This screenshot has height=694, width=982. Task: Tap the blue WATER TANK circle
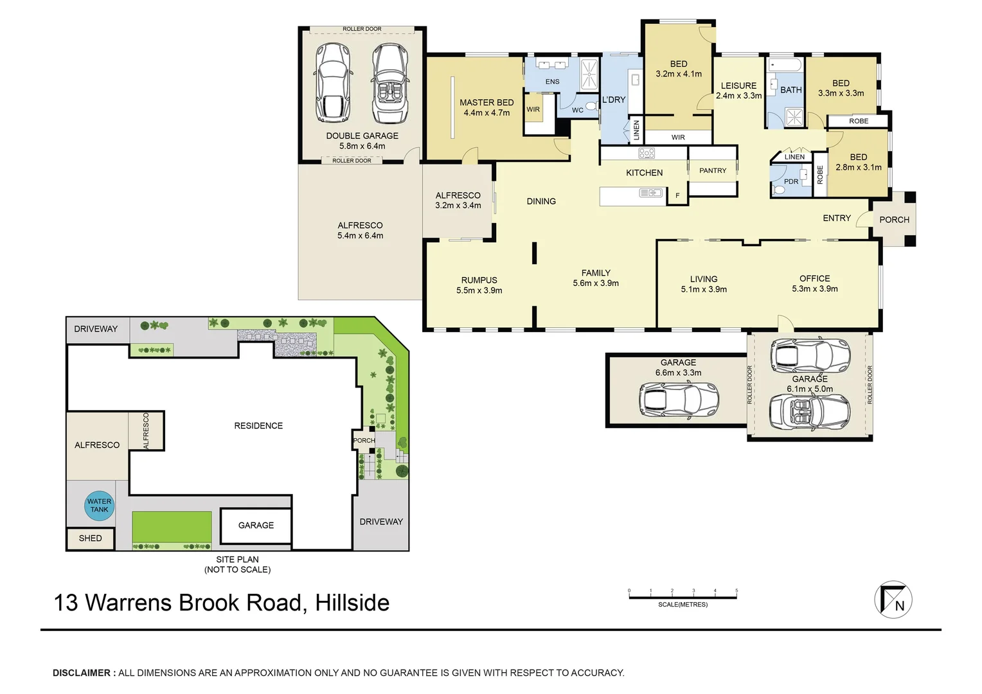pyautogui.click(x=100, y=506)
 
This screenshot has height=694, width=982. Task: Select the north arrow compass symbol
pyautogui.click(x=893, y=600)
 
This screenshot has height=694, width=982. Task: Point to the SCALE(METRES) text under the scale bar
pyautogui.click(x=683, y=605)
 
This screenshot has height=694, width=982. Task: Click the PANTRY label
pyautogui.click(x=713, y=171)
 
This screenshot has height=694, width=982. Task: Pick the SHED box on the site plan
pyautogui.click(x=90, y=538)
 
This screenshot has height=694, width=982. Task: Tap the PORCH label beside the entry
pyautogui.click(x=894, y=220)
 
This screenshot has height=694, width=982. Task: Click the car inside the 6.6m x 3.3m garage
pyautogui.click(x=679, y=400)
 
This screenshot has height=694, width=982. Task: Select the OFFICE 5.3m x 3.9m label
pyautogui.click(x=814, y=283)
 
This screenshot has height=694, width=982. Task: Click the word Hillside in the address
pyautogui.click(x=352, y=603)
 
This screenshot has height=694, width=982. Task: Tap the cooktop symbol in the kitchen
pyautogui.click(x=647, y=154)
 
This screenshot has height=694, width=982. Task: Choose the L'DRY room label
pyautogui.click(x=613, y=100)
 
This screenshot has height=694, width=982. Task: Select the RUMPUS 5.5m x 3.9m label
pyautogui.click(x=479, y=285)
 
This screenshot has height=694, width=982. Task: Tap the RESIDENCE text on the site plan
pyautogui.click(x=258, y=426)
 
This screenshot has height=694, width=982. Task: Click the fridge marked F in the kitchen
pyautogui.click(x=677, y=195)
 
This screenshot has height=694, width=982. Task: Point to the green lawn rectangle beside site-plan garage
pyautogui.click(x=172, y=527)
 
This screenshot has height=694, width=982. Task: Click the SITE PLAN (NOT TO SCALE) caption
pyautogui.click(x=237, y=564)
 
